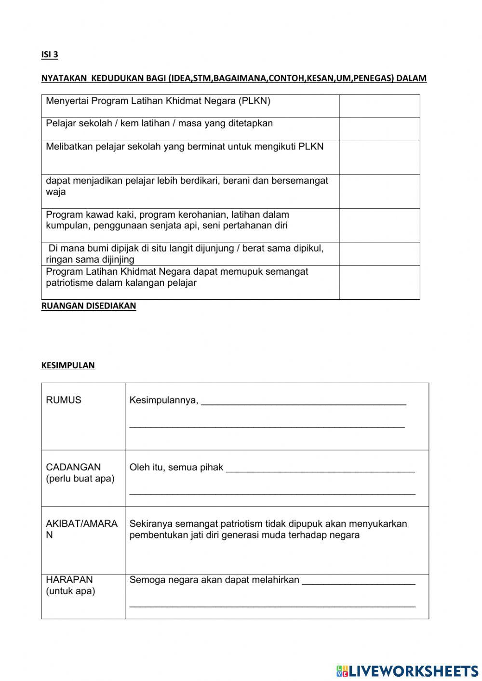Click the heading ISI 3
tap(50, 54)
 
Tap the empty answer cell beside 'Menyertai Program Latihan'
tap(379, 106)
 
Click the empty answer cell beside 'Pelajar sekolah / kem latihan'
tap(379, 129)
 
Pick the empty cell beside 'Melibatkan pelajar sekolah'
tap(379, 158)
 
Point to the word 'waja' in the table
tap(56, 192)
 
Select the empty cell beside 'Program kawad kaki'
tap(379, 225)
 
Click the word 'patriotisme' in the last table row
tap(70, 283)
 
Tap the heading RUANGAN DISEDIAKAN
tap(89, 306)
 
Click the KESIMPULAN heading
tap(68, 365)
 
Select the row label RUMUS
tap(64, 400)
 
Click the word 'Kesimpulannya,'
tap(164, 400)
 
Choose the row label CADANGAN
tap(73, 467)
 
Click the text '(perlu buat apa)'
tap(80, 479)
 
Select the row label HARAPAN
tap(69, 579)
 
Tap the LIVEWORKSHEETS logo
tap(407, 671)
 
